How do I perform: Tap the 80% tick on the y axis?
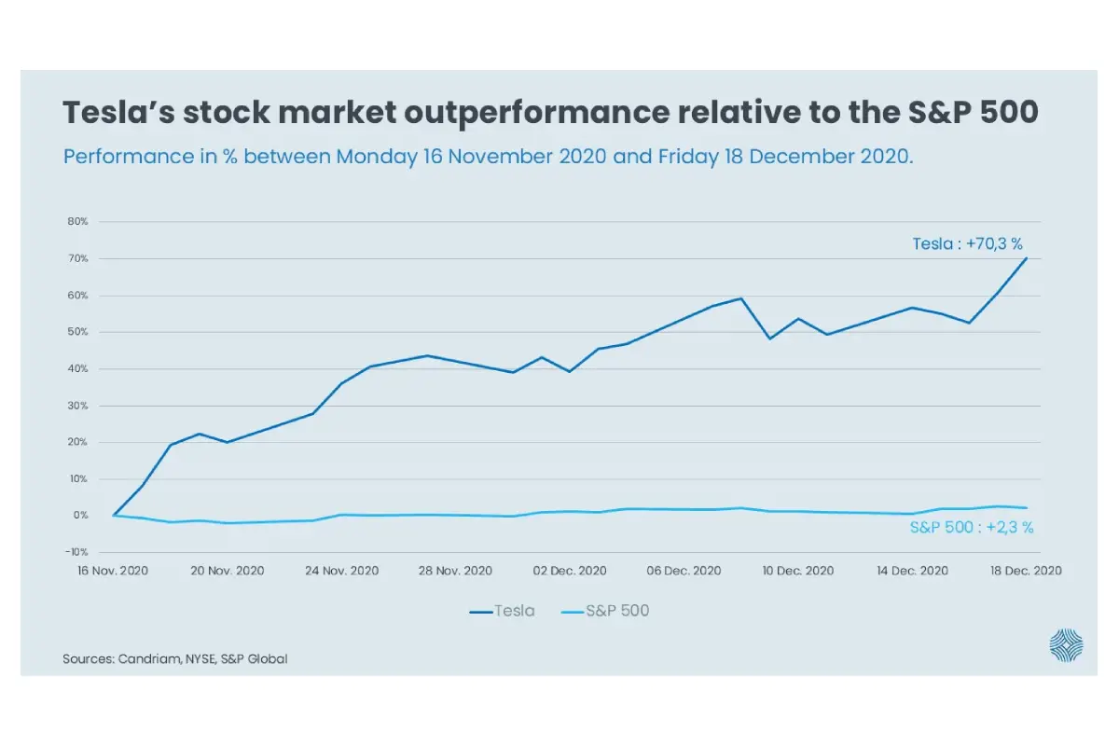pos(77,222)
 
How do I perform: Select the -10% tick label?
pos(76,552)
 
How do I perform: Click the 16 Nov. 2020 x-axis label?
pos(114,571)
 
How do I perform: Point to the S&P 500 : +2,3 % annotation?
pos(971,527)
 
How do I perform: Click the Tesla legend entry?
pos(503,612)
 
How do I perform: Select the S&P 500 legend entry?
pos(606,612)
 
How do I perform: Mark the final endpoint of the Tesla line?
pos(1027,258)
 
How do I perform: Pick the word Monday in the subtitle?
pos(376,156)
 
